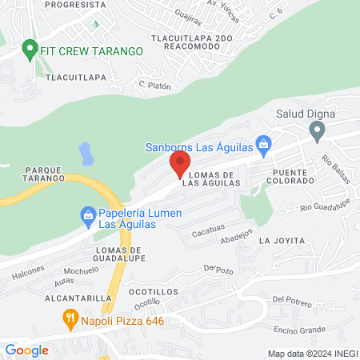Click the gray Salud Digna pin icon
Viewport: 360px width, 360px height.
[x=318, y=130]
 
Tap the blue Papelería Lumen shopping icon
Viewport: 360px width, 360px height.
[x=87, y=214]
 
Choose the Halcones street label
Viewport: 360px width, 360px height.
[x=29, y=274]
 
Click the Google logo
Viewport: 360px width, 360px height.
[x=26, y=350]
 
